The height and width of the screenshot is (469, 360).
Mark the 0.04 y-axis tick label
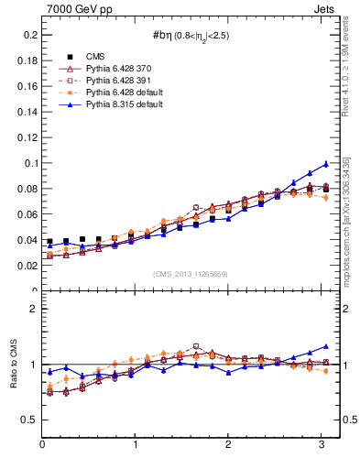[27, 240]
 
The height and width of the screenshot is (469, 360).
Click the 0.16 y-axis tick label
[27, 86]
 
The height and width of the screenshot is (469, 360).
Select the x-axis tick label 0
[42, 444]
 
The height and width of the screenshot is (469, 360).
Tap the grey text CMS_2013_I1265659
[191, 275]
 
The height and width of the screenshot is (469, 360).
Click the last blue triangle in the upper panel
[325, 164]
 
